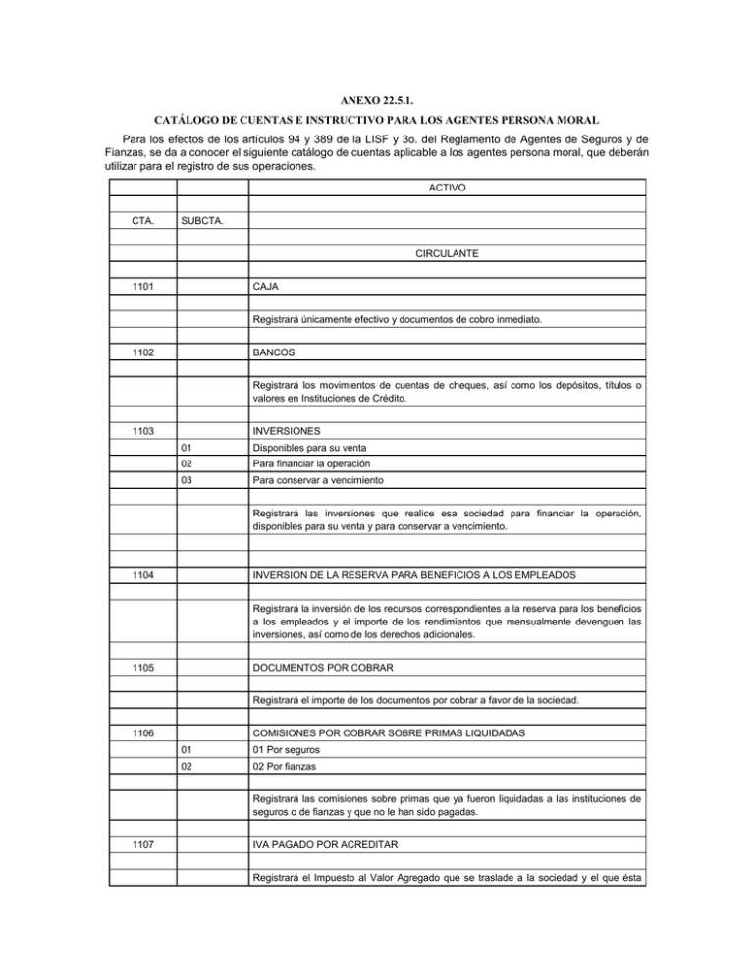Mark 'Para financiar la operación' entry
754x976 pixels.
(316, 465)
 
